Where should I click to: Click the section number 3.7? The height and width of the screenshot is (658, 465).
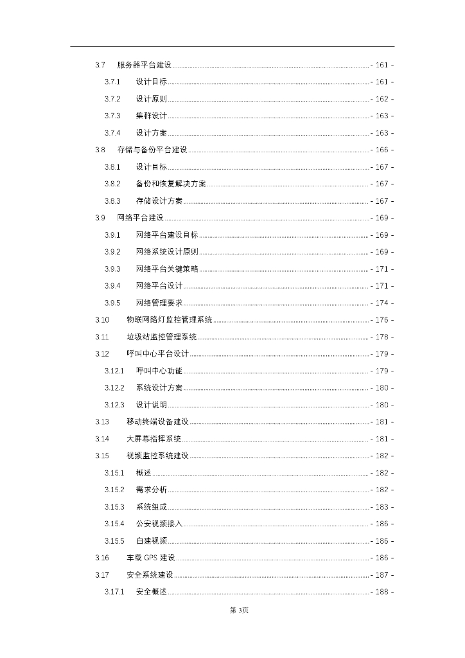(x=100, y=65)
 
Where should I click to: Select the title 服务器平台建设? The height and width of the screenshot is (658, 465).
(x=145, y=65)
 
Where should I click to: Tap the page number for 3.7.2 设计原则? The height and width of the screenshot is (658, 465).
(x=382, y=99)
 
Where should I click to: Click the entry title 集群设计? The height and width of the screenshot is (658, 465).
(x=152, y=116)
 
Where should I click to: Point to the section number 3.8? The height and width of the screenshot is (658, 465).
(x=100, y=150)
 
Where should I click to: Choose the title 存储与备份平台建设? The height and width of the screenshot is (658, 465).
(x=152, y=150)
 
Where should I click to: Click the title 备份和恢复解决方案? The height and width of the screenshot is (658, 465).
(x=171, y=184)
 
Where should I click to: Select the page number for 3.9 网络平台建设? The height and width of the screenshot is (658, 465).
(x=382, y=218)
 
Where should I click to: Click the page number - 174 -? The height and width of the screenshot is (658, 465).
(x=382, y=303)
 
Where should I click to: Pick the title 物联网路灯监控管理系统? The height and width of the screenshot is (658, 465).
(x=170, y=320)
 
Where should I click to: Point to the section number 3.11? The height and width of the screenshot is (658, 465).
(x=102, y=337)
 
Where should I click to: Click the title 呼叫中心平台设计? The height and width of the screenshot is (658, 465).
(x=157, y=354)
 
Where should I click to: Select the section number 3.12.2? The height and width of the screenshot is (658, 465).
(x=114, y=387)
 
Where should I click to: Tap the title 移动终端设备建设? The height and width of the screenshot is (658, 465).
(x=157, y=422)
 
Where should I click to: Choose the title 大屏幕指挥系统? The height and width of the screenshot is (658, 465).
(x=154, y=439)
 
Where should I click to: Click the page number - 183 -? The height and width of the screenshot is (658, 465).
(x=382, y=507)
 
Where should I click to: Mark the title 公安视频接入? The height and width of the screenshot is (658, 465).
(x=159, y=524)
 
